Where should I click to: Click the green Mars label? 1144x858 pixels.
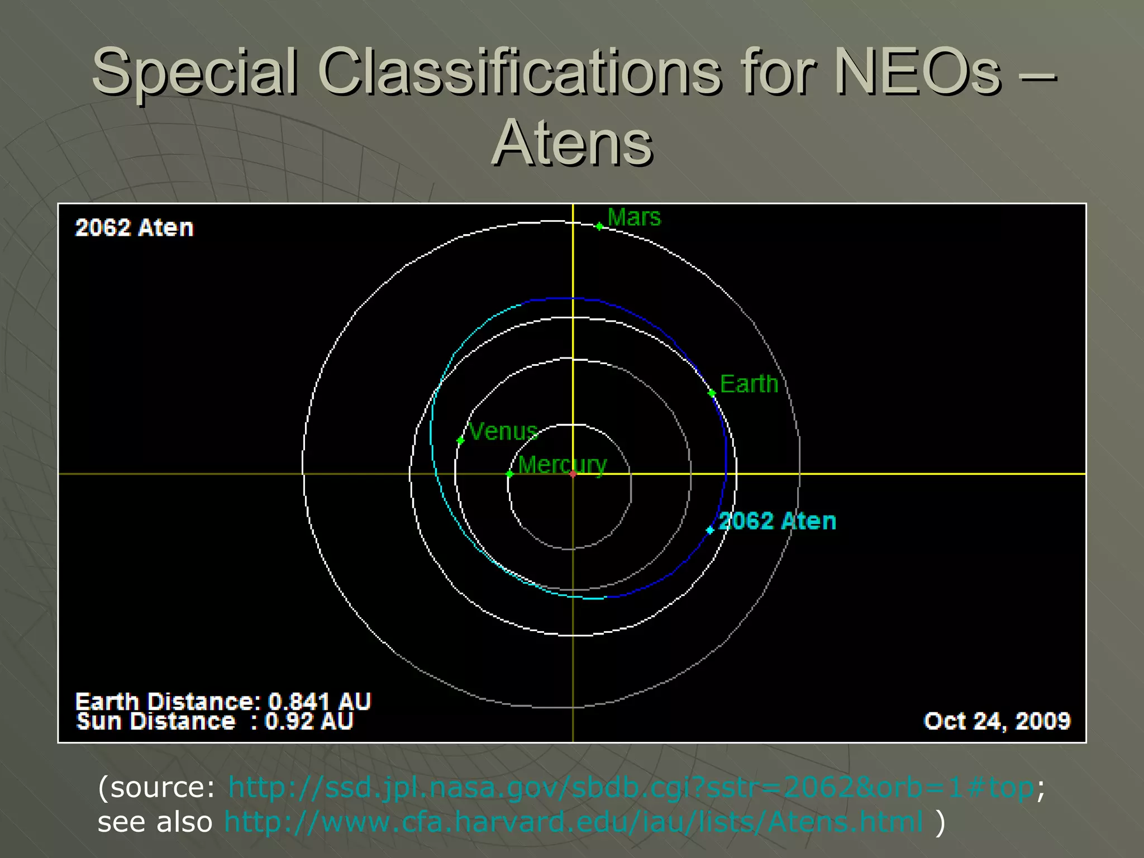[x=633, y=217]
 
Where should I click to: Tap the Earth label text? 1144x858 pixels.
[x=749, y=384]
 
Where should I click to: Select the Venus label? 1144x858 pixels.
[x=503, y=432]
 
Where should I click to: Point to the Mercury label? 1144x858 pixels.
[x=561, y=465]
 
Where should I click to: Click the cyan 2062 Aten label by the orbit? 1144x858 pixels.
[x=777, y=521]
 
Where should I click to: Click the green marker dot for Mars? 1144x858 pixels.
[x=599, y=226]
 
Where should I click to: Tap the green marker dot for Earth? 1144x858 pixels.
[x=712, y=393]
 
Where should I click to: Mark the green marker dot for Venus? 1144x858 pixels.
[x=460, y=441]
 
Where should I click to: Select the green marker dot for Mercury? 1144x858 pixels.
[x=509, y=474]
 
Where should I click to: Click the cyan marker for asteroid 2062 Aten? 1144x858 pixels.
[x=710, y=530]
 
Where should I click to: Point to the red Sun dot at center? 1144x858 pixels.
[x=573, y=474]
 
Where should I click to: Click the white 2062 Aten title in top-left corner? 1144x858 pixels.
[x=134, y=228]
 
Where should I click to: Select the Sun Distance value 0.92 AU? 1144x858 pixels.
[x=308, y=722]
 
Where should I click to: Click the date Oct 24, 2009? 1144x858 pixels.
[x=997, y=721]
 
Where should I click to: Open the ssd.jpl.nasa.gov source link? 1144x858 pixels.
[x=631, y=788]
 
